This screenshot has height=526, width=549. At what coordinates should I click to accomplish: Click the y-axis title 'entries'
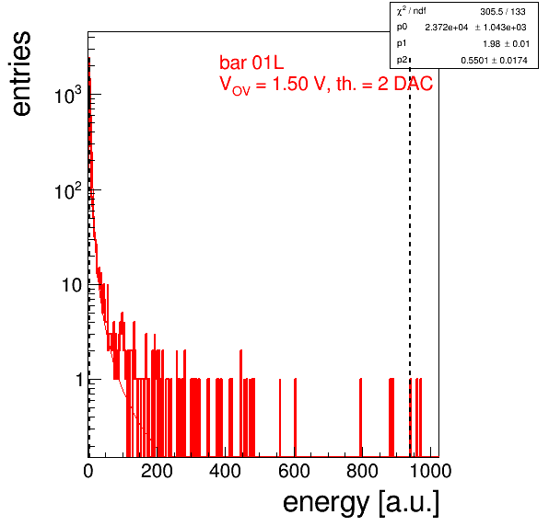(x=22, y=74)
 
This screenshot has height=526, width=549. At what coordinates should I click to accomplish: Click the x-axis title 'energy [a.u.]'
(x=361, y=503)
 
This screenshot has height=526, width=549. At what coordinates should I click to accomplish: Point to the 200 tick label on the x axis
(x=157, y=471)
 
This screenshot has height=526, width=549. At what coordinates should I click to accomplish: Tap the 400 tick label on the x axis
(x=225, y=471)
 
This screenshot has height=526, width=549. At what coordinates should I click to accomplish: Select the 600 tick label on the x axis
(x=294, y=471)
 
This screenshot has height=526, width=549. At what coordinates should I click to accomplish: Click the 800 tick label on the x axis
(x=362, y=471)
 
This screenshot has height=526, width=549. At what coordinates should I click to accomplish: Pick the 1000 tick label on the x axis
(x=430, y=471)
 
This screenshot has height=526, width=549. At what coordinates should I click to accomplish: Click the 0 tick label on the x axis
(x=88, y=471)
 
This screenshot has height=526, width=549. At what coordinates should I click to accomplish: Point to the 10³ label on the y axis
(x=68, y=95)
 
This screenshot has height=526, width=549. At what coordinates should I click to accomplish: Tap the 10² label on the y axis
(x=68, y=190)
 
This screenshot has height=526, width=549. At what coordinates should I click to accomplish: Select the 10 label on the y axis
(x=72, y=285)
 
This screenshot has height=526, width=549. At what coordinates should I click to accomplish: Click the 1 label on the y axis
(x=79, y=380)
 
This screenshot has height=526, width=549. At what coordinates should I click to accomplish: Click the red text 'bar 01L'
(x=251, y=63)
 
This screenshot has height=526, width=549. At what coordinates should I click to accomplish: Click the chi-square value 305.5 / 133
(x=503, y=12)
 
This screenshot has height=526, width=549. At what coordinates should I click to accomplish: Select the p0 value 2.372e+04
(x=447, y=28)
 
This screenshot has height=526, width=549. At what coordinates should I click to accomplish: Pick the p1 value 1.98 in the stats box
(x=492, y=44)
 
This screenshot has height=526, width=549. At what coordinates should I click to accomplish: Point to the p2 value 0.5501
(x=474, y=61)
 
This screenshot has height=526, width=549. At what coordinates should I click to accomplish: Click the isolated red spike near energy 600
(x=295, y=417)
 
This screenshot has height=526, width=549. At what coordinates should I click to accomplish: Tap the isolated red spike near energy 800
(x=361, y=417)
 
